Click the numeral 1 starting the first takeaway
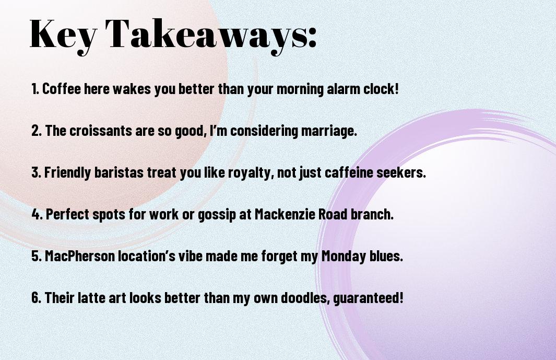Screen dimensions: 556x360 click(x=34, y=89)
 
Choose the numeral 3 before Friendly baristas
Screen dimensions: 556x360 click(x=36, y=172)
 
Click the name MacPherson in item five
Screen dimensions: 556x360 click(x=80, y=256)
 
